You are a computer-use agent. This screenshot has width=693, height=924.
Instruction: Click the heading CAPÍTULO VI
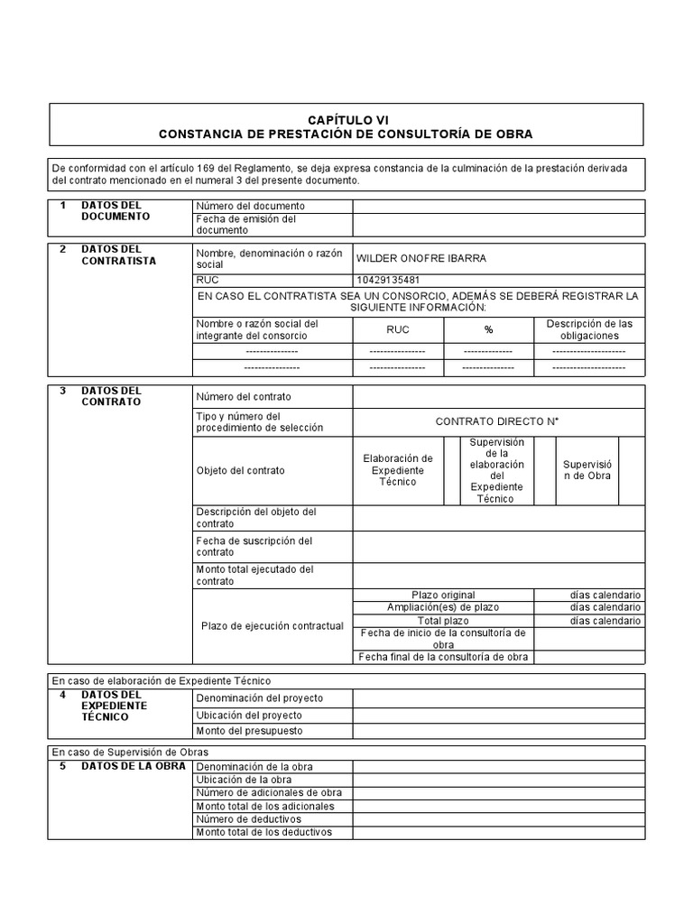[x=346, y=119]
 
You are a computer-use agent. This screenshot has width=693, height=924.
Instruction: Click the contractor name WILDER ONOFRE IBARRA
[x=421, y=258]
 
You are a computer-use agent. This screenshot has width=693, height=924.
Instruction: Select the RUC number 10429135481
[x=389, y=280]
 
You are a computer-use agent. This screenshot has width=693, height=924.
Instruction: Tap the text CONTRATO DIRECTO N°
[x=498, y=421]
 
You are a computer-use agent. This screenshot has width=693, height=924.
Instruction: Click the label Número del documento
[x=250, y=207]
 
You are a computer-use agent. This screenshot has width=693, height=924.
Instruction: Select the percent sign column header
[x=488, y=329]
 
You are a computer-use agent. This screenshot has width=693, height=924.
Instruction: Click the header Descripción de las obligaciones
[x=588, y=329]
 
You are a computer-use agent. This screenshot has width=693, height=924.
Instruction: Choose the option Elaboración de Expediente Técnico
[x=398, y=470]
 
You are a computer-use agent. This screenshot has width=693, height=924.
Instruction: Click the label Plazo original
[x=442, y=596]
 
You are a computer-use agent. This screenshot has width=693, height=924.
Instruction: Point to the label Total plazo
[x=442, y=621]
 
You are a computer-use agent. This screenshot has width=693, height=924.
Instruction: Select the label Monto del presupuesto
[x=249, y=730]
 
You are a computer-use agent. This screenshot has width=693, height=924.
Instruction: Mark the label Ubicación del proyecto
[x=249, y=715]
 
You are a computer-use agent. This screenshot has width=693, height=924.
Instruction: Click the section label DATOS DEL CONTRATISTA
[x=118, y=255]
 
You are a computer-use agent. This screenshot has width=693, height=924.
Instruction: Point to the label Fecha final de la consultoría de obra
[x=442, y=657]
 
